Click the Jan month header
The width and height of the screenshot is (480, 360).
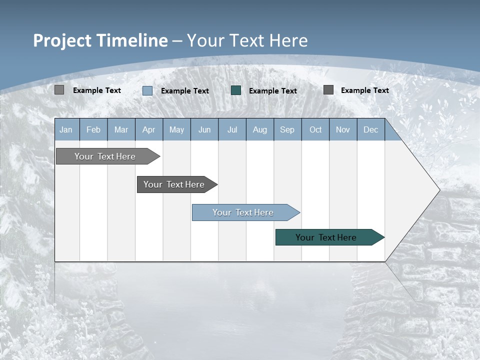pos(66,129)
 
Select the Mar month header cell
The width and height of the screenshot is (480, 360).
pos(121,129)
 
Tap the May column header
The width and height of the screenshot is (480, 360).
pos(176,129)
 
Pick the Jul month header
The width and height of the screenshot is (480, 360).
pos(232,129)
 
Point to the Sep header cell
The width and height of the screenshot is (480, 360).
pos(287,129)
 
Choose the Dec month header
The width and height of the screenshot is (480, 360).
pos(370,129)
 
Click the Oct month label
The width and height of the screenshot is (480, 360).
pos(315,129)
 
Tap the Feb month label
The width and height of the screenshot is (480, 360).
pos(93,129)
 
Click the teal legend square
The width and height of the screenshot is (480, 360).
pos(236,90)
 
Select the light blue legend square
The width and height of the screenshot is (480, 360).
pos(147,90)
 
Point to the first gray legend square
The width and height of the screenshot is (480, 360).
pos(59,90)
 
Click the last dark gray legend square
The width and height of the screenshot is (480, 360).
pos(328,90)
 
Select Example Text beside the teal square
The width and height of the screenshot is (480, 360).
pos(272,91)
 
